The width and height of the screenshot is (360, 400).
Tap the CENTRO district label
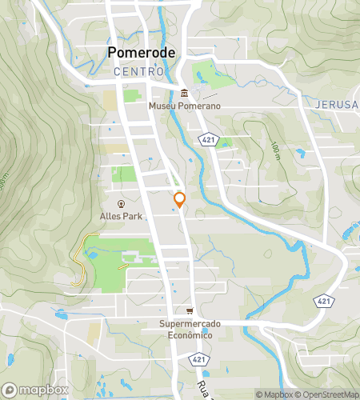click(x=137, y=72)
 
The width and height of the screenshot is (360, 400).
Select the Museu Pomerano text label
click(x=184, y=105)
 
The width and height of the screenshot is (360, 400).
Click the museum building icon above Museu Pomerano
click(x=184, y=93)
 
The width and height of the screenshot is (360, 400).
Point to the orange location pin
click(x=180, y=198)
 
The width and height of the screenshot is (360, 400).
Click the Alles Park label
click(x=121, y=215)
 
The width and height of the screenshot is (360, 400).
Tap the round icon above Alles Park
click(x=121, y=203)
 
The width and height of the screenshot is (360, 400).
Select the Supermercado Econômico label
click(x=190, y=330)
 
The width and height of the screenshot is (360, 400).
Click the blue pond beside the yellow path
click(x=93, y=255)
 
